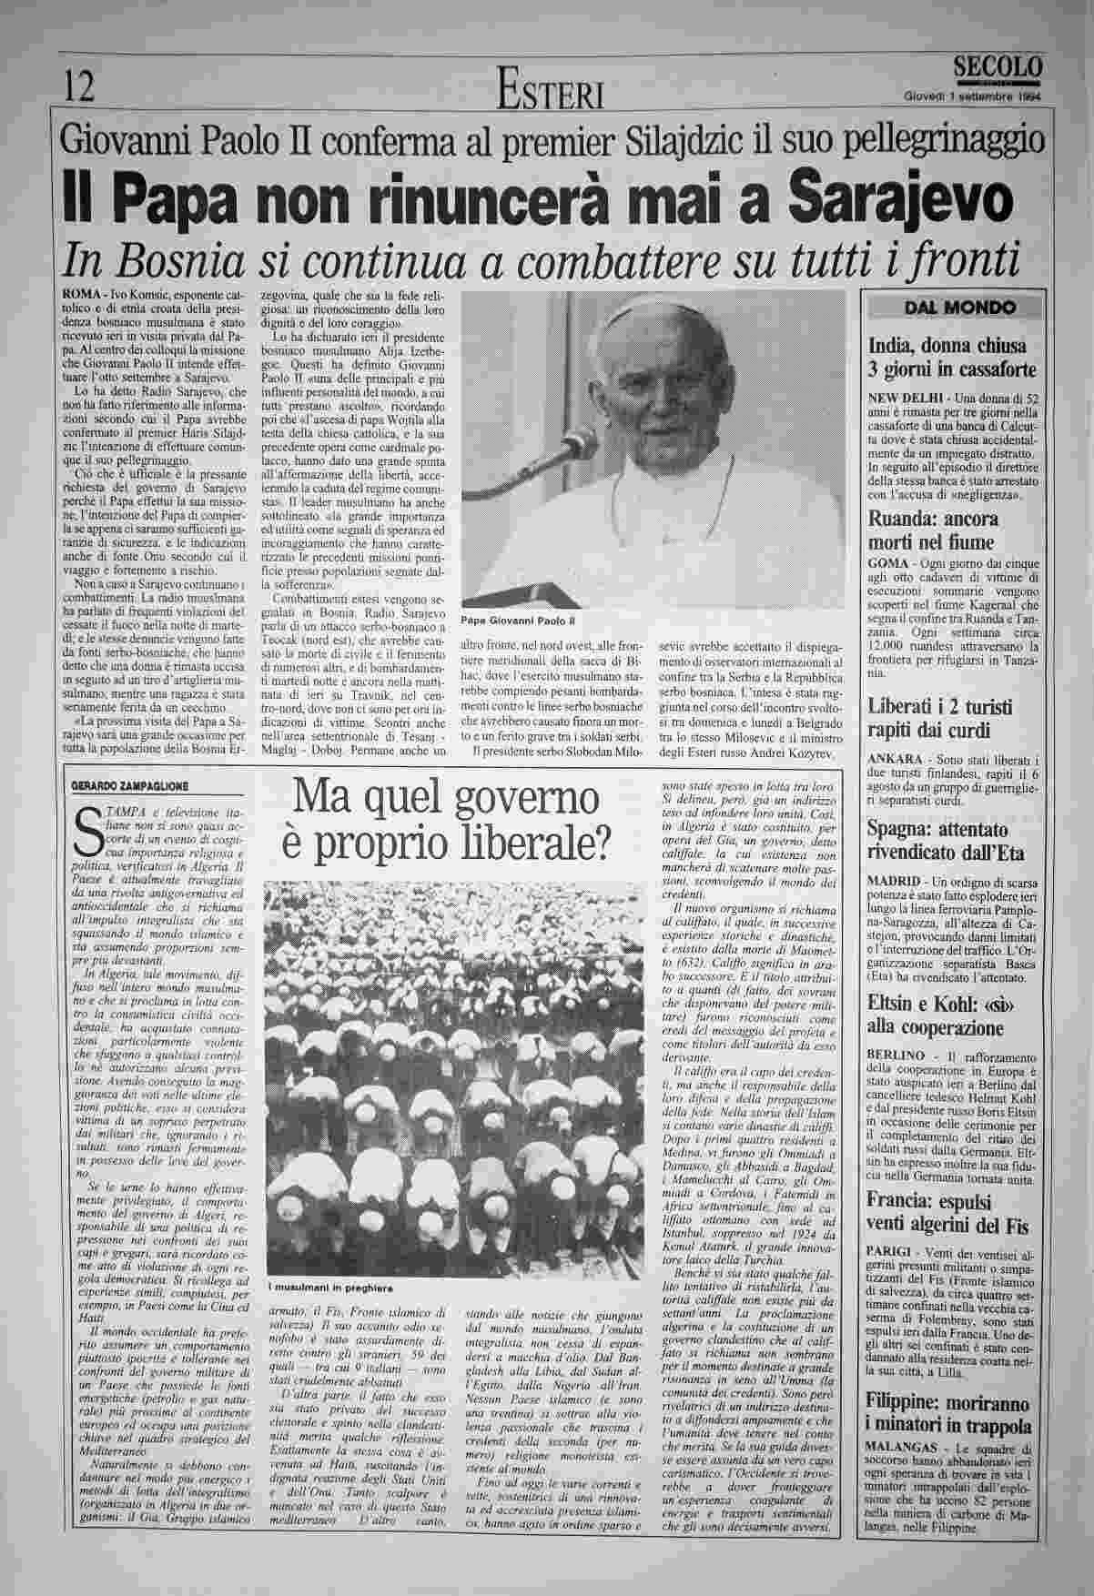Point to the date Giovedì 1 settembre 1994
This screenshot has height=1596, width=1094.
[972, 95]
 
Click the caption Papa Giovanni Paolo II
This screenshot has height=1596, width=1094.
[518, 620]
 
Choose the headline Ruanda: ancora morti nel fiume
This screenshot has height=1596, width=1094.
[933, 531]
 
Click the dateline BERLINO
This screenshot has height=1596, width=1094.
[898, 1056]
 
